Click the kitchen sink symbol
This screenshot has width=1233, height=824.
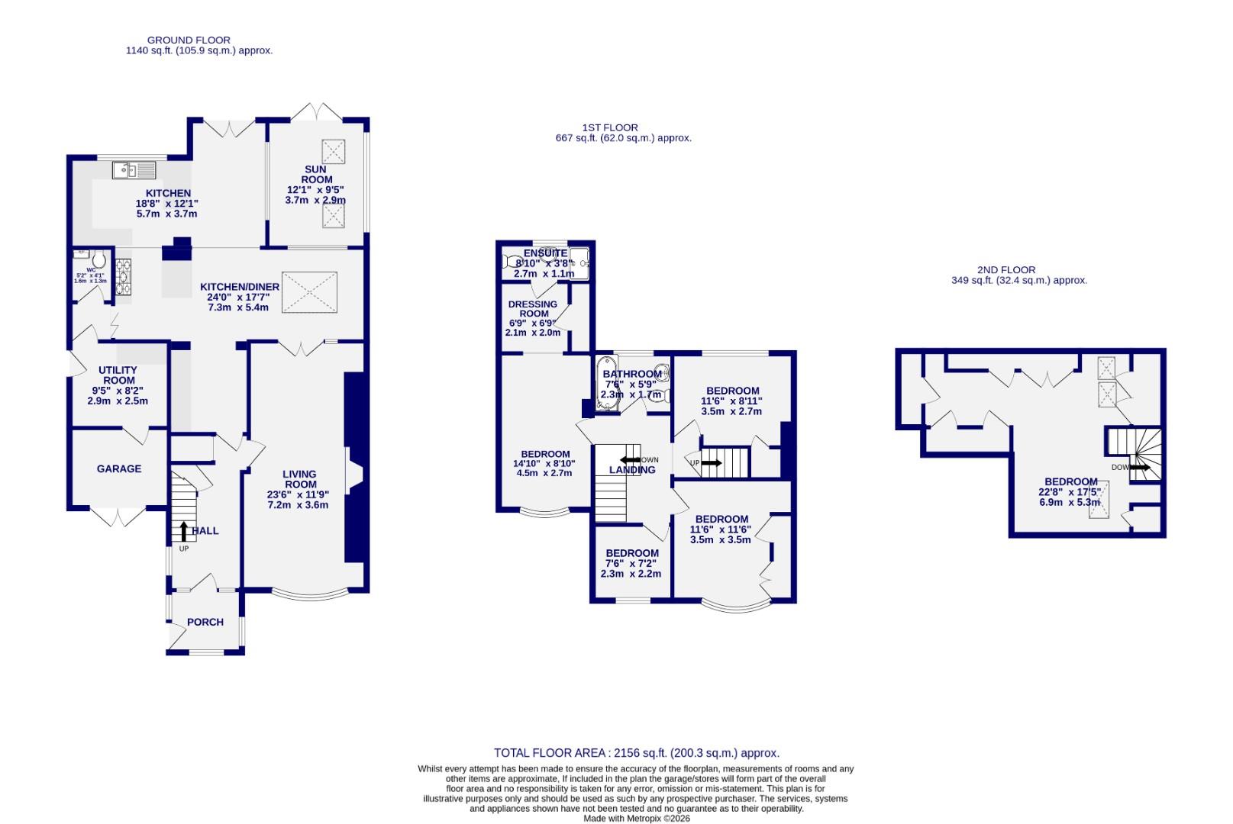(134, 169)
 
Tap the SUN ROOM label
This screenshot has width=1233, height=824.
(316, 175)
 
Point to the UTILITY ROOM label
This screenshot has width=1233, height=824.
(118, 375)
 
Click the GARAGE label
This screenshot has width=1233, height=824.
(119, 468)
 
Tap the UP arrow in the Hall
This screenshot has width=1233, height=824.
(183, 531)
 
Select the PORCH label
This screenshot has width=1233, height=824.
(205, 622)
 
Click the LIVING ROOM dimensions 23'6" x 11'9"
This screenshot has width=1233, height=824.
(299, 494)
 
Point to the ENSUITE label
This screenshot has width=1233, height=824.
(545, 253)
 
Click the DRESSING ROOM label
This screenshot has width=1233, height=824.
(533, 308)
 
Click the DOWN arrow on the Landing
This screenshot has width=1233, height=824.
(630, 460)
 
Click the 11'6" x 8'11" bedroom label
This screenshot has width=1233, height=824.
(731, 401)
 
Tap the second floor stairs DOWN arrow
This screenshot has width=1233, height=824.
(1139, 467)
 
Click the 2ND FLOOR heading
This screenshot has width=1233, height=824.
(1006, 269)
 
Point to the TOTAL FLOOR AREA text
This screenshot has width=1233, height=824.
(637, 752)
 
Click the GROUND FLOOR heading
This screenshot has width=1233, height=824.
(189, 40)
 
